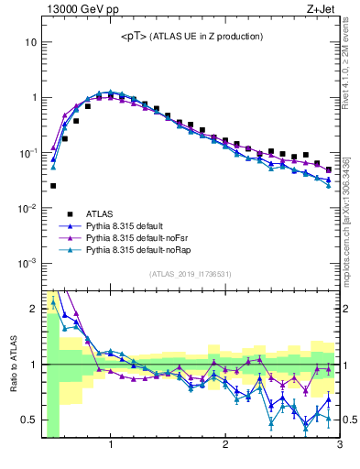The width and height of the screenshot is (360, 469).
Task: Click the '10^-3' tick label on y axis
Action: (27, 263)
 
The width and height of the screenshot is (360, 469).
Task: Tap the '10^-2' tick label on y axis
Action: (27, 208)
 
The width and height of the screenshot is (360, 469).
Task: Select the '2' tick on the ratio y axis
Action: (33, 309)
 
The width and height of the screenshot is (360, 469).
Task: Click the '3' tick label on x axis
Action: (339, 446)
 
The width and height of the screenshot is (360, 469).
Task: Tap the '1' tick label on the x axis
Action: (111, 446)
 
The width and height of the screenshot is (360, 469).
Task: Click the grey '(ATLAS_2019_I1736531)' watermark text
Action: (190, 274)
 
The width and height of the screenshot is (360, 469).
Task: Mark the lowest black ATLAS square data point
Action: (53, 186)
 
